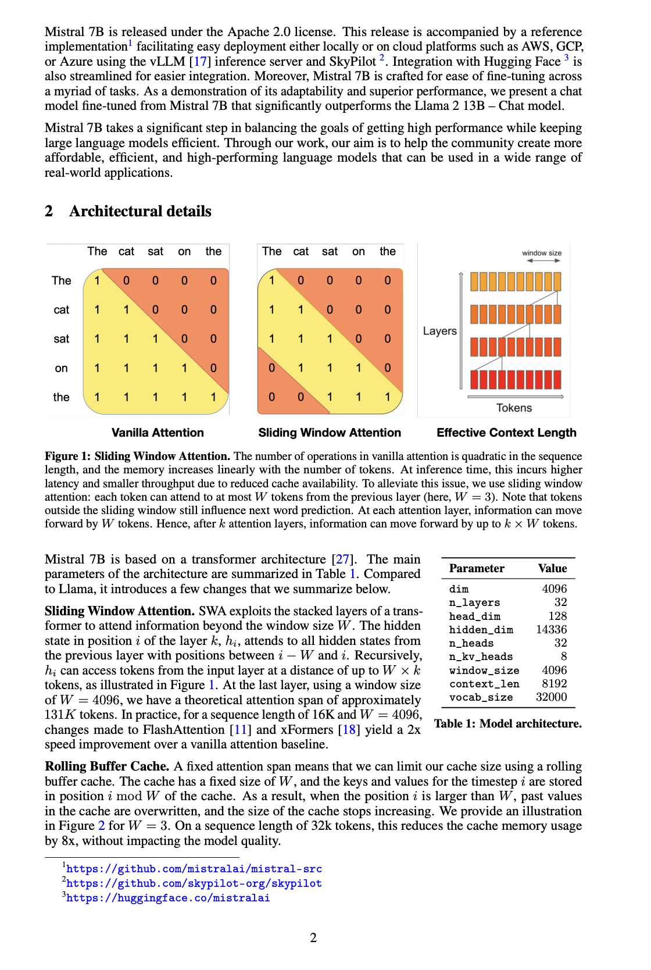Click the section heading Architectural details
pyautogui.click(x=140, y=211)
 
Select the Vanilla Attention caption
pyautogui.click(x=158, y=433)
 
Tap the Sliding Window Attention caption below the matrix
pyautogui.click(x=330, y=433)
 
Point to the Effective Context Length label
pyautogui.click(x=506, y=433)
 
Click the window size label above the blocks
pyautogui.click(x=542, y=253)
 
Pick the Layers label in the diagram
pyautogui.click(x=439, y=331)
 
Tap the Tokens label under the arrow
pyautogui.click(x=514, y=408)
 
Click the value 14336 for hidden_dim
pyautogui.click(x=551, y=629)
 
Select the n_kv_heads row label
pyautogui.click(x=481, y=657)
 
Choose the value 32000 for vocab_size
pyautogui.click(x=551, y=697)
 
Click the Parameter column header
pyautogui.click(x=477, y=568)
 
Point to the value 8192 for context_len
pyautogui.click(x=555, y=683)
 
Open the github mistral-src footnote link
pyautogui.click(x=194, y=869)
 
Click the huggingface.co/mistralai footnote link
pyautogui.click(x=168, y=898)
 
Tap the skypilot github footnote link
pyautogui.click(x=194, y=883)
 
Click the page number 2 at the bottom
pyautogui.click(x=313, y=937)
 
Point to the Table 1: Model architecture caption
pyautogui.click(x=507, y=723)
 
